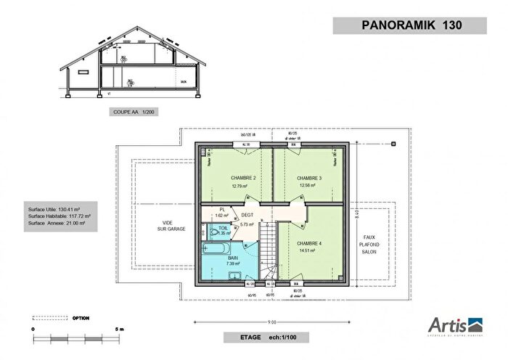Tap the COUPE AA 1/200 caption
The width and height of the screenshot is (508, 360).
(134, 112)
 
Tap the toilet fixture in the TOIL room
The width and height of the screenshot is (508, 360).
(213, 232)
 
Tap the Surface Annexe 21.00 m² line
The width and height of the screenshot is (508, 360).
(63, 224)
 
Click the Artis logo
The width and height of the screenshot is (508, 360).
(450, 324)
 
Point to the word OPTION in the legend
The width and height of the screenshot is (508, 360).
(81, 317)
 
